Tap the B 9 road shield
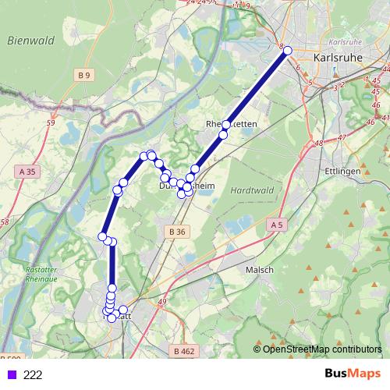(84, 75)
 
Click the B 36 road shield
(177, 232)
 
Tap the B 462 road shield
(185, 351)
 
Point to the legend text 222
(33, 375)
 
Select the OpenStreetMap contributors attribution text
(322, 349)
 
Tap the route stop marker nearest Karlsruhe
(288, 51)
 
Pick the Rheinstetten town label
(231, 125)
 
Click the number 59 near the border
(51, 122)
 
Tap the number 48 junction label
(318, 144)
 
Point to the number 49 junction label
(162, 301)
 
